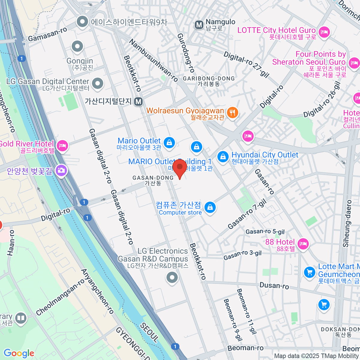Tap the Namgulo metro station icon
(x=199, y=25)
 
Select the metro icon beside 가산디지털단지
(x=138, y=102)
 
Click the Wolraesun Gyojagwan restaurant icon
(x=232, y=113)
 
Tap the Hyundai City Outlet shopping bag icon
(x=223, y=157)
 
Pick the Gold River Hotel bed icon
(x=62, y=146)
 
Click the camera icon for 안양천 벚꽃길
(x=61, y=170)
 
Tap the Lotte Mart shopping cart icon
(x=309, y=272)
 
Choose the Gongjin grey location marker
(x=78, y=46)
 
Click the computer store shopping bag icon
(x=210, y=207)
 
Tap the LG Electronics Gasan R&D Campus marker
(x=172, y=277)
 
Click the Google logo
(x=19, y=353)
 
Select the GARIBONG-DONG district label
(x=209, y=79)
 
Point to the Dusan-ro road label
(x=274, y=286)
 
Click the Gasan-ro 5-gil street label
(x=265, y=232)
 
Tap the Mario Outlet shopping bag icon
(x=169, y=142)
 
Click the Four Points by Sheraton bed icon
(x=354, y=63)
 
